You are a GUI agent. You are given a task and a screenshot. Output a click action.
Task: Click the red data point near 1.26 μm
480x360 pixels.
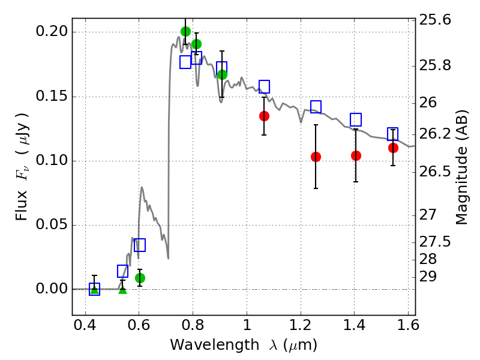pyautogui.click(x=316, y=157)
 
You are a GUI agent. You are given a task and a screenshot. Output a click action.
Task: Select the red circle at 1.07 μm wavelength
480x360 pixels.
pyautogui.click(x=264, y=116)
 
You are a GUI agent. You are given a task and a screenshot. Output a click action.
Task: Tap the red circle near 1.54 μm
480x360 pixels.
pyautogui.click(x=393, y=148)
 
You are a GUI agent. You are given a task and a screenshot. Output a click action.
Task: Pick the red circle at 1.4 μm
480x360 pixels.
pyautogui.click(x=356, y=155)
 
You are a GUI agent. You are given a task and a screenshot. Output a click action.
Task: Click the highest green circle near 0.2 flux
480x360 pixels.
pyautogui.click(x=185, y=31)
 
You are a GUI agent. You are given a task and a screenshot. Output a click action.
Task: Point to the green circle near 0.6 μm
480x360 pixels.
pyautogui.click(x=140, y=278)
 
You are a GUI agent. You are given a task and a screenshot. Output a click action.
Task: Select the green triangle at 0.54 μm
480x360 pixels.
pyautogui.click(x=122, y=290)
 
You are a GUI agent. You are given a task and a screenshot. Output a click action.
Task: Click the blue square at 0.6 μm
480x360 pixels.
pyautogui.click(x=140, y=245)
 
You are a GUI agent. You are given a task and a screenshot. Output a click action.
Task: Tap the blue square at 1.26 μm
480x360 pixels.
pyautogui.click(x=316, y=107)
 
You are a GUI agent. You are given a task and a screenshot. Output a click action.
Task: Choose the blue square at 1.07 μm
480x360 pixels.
pyautogui.click(x=264, y=86)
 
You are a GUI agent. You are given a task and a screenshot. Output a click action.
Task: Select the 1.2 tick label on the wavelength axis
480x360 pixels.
pyautogui.click(x=300, y=329)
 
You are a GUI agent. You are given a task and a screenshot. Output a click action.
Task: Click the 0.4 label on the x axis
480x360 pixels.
pyautogui.click(x=85, y=329)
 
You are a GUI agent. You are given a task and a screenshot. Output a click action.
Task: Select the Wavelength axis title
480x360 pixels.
pyautogui.click(x=243, y=346)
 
